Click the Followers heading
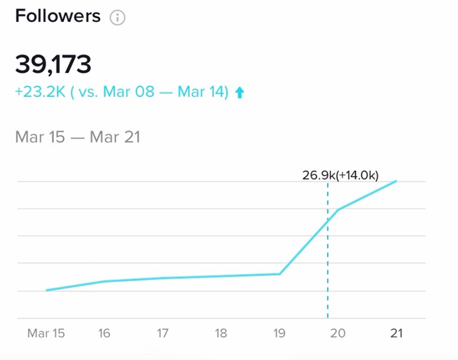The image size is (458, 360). [57, 16]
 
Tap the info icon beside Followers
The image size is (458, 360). [117, 18]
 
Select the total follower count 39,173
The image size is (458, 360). [53, 64]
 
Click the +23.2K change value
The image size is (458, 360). [40, 92]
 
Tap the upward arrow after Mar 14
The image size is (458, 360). [239, 93]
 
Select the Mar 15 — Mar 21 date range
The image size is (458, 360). [78, 137]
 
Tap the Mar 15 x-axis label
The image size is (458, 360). [46, 333]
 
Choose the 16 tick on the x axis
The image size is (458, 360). [104, 333]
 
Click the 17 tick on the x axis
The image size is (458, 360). [162, 333]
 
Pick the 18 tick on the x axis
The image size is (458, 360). [221, 333]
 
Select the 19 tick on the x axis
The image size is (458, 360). [279, 333]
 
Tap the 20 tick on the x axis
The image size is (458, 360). [338, 333]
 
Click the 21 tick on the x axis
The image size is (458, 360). [395, 333]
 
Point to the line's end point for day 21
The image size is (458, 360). [396, 181]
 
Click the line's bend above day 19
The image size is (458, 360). [280, 273]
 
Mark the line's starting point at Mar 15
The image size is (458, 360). [46, 290]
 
